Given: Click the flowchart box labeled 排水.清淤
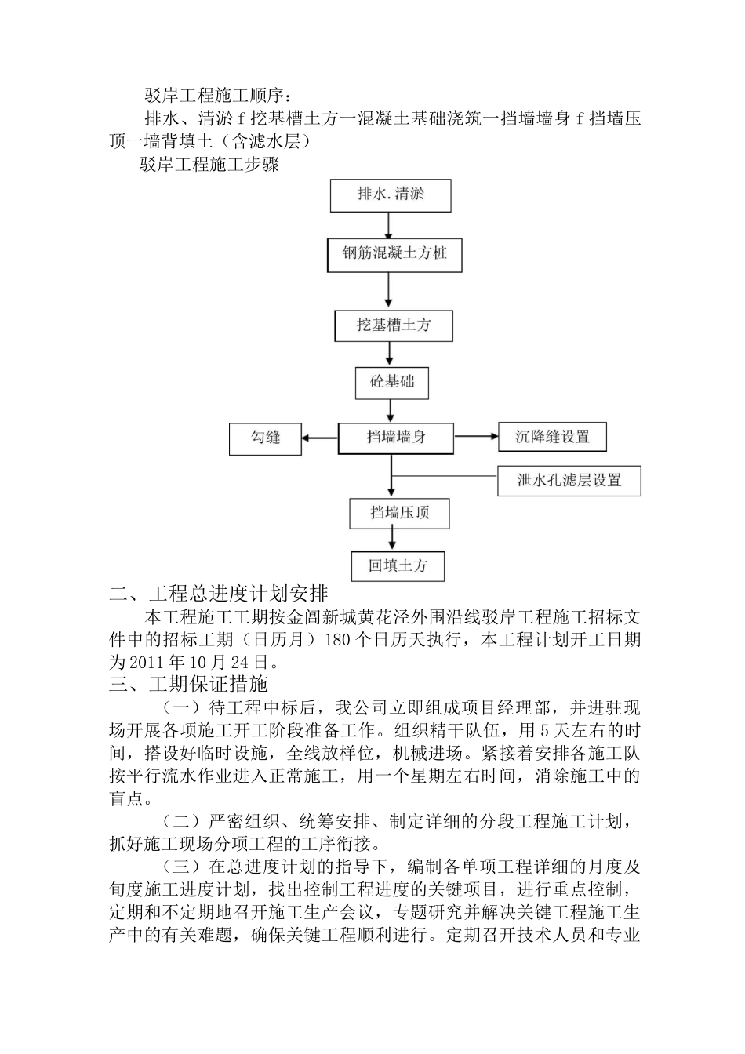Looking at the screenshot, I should click(391, 195).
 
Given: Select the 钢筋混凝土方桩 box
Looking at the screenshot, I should click(394, 254).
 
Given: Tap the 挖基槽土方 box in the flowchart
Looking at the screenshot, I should click(394, 325).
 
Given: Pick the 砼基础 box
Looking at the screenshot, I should click(392, 383).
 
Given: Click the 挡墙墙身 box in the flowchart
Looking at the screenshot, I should click(396, 438).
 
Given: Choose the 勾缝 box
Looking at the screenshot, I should click(266, 438).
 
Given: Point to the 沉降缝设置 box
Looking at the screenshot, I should click(553, 438).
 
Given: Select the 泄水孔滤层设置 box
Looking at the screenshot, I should click(569, 481).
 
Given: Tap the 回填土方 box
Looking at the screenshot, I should click(398, 565).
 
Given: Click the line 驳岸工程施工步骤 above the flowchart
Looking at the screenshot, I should click(209, 165).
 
